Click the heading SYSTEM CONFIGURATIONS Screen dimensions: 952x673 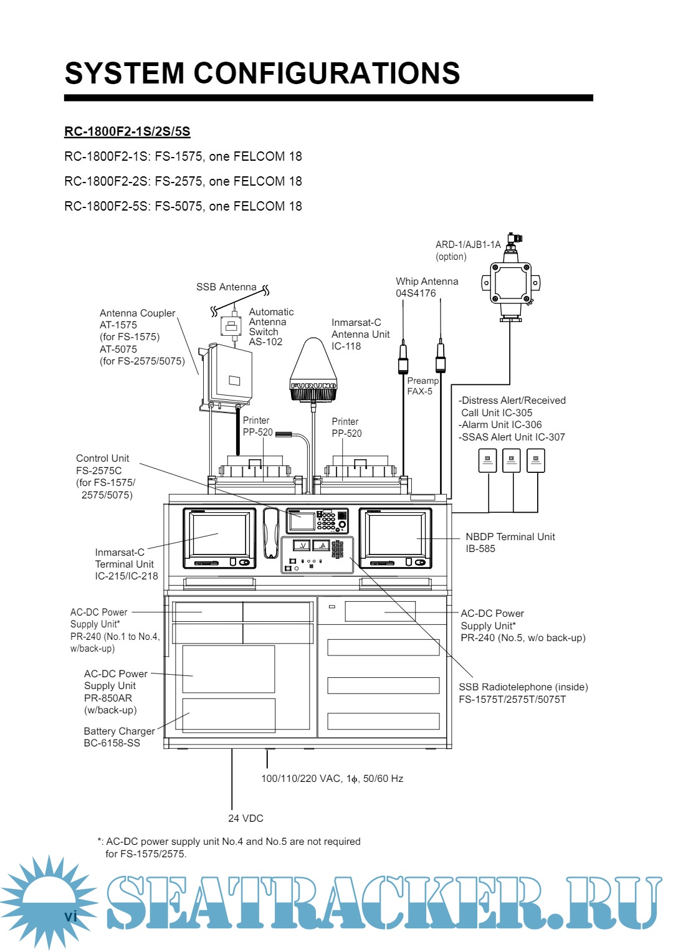click(x=262, y=74)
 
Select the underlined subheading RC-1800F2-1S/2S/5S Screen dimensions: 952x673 click(x=127, y=131)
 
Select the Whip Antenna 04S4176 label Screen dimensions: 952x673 click(x=427, y=287)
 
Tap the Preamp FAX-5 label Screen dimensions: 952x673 click(x=422, y=386)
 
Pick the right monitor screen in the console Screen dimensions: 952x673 click(x=395, y=535)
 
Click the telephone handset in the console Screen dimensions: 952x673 click(x=271, y=533)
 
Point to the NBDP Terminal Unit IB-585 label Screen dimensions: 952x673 click(x=510, y=543)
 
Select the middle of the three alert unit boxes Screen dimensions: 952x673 click(x=511, y=461)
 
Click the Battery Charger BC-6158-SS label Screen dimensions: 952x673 click(x=119, y=737)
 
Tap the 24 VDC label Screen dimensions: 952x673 click(x=246, y=818)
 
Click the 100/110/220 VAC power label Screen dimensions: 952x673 click(x=332, y=779)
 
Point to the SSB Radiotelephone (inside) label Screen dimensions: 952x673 click(x=523, y=693)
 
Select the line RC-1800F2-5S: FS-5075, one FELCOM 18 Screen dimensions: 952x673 click(x=183, y=206)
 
